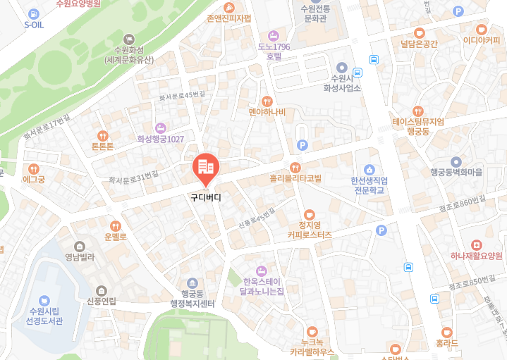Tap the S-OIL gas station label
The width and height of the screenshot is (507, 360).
(x=33, y=24)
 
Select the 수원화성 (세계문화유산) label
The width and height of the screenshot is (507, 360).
(x=128, y=55)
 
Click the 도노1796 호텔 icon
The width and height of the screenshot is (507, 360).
(x=273, y=36)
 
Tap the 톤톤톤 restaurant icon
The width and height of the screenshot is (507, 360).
(x=102, y=135)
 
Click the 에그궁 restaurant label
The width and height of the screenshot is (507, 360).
(x=33, y=180)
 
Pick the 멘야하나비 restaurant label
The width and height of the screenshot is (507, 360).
(x=266, y=111)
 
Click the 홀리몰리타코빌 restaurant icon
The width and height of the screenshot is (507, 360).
(x=295, y=167)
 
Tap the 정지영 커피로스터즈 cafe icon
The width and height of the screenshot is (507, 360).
(x=309, y=214)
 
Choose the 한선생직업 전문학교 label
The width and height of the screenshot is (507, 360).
(x=368, y=185)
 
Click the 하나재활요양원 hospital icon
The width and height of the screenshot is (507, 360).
(x=476, y=244)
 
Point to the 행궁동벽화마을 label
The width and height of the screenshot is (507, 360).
(x=456, y=172)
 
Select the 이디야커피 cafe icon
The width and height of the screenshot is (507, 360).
(x=481, y=30)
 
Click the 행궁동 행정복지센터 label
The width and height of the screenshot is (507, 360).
(x=192, y=299)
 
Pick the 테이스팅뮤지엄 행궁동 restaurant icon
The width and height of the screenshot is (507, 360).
(x=418, y=111)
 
